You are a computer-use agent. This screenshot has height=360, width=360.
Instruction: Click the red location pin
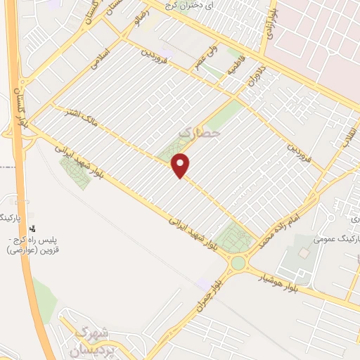tap(181, 165)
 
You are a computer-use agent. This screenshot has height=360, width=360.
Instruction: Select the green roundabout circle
tap(238, 263)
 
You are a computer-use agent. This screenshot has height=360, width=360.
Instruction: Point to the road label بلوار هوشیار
tap(281, 278)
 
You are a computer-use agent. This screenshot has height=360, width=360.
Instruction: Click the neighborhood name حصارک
tap(200, 131)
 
